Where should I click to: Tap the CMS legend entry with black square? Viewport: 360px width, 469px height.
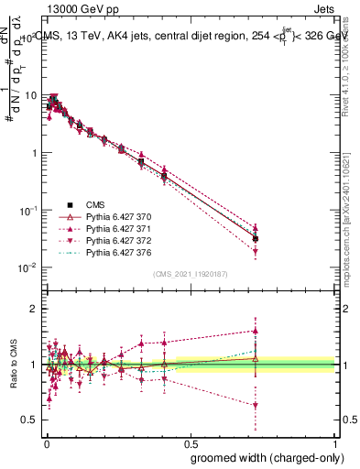click(x=95, y=204)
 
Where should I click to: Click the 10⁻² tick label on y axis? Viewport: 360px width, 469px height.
click(x=28, y=267)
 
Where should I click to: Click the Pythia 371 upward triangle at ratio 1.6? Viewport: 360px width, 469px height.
click(x=256, y=331)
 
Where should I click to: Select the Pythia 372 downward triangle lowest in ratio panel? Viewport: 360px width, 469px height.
click(x=256, y=405)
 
